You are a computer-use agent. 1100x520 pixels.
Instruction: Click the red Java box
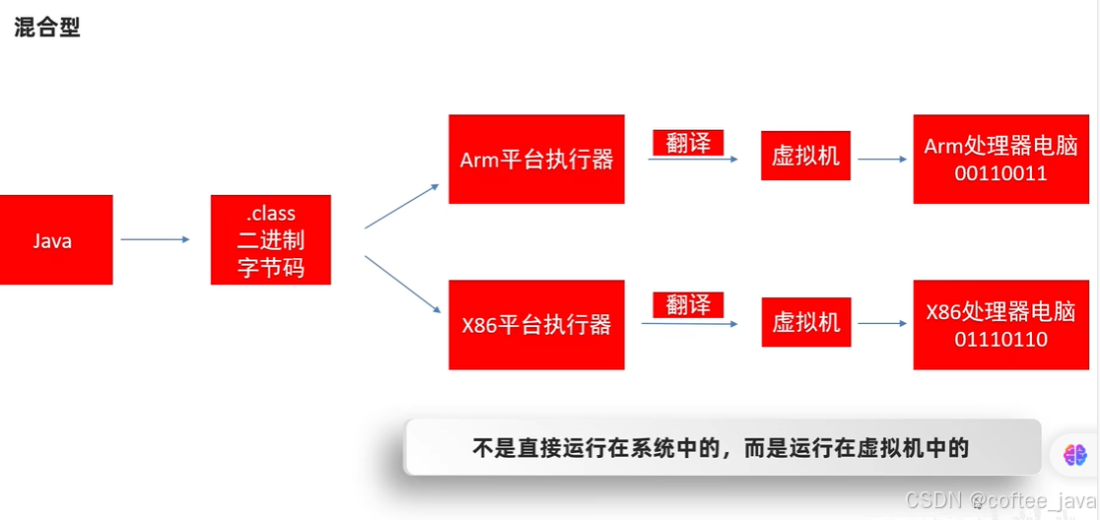56,239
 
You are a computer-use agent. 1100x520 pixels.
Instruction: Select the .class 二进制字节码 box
271,239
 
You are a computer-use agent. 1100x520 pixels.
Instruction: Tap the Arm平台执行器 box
536,160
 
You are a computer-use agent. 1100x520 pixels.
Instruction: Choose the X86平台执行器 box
536,325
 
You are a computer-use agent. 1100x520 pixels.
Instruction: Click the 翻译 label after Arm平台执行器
688,143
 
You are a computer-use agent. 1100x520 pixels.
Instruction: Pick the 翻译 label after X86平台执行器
688,304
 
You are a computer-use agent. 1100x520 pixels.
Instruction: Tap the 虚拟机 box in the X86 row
805,323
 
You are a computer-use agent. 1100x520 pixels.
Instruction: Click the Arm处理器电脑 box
999,160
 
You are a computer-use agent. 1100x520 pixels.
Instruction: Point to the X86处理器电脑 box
999,325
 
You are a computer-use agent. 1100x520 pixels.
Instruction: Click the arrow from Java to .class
155,239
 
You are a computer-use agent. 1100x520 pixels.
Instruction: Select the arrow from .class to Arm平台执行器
402,206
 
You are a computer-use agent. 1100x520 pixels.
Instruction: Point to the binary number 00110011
999,173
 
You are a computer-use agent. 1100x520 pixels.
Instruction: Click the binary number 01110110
999,340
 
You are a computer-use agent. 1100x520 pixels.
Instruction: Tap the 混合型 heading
46,28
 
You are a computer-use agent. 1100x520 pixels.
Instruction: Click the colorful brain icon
1074,455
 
